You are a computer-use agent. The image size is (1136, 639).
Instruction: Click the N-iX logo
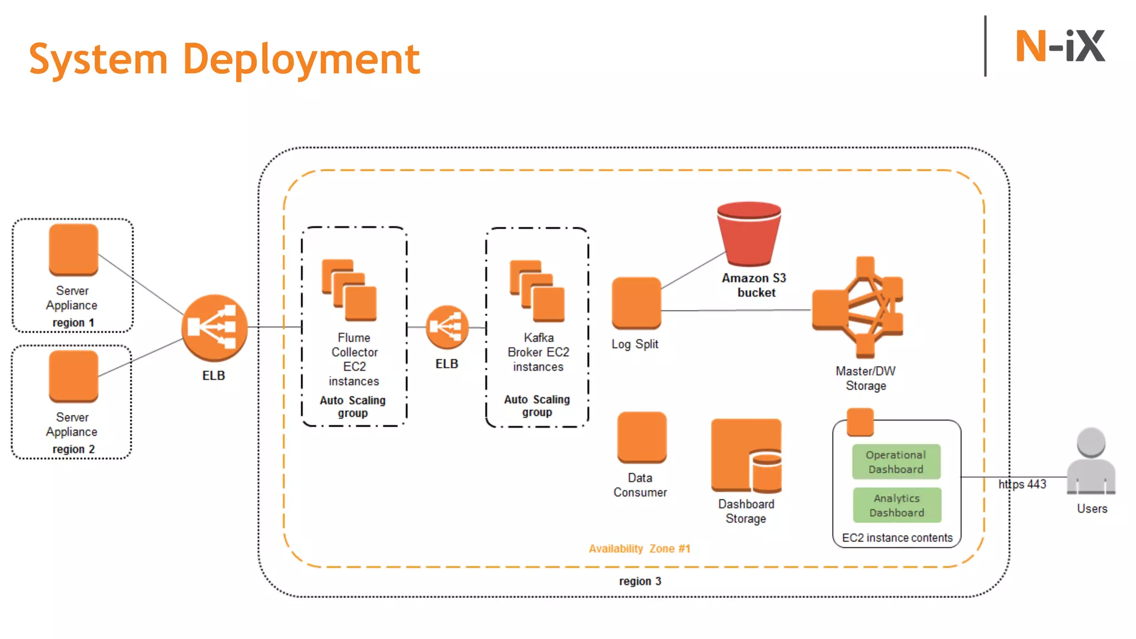(1059, 47)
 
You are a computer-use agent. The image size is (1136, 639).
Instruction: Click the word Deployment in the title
(301, 59)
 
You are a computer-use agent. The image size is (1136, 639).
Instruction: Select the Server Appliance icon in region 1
(73, 250)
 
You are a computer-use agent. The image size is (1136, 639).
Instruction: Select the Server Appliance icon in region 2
(73, 376)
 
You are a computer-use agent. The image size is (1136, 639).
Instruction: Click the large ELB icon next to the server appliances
(215, 328)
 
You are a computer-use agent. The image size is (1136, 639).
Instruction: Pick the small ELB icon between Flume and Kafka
(447, 327)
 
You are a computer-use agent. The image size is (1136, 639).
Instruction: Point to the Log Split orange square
(636, 303)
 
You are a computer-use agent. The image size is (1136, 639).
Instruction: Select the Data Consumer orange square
(642, 437)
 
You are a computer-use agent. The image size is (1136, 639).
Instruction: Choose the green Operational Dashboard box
(896, 461)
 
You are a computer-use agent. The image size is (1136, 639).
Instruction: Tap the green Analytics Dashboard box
(897, 505)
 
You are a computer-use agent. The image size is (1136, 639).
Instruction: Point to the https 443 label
(1022, 484)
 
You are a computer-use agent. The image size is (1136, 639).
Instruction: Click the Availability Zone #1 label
(640, 549)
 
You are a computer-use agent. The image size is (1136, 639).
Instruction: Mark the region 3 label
(640, 581)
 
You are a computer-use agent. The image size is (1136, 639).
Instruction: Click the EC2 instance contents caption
(897, 537)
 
